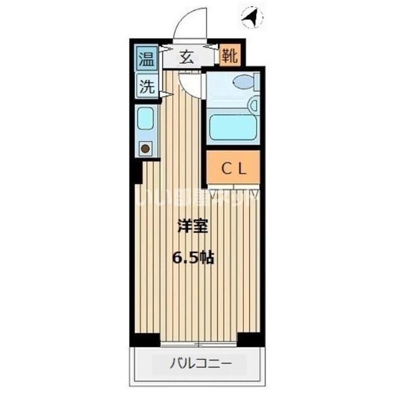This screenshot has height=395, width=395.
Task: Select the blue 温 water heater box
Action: [146, 59]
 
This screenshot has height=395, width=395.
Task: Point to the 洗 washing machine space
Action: [146, 87]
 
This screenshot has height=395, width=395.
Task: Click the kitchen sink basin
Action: [145, 118]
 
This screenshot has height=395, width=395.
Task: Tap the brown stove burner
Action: [145, 148]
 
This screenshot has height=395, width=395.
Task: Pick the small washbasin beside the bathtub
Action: [254, 106]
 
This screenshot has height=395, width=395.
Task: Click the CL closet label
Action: [234, 168]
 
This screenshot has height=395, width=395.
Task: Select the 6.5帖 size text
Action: [195, 258]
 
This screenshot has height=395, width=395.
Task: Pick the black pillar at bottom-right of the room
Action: [251, 339]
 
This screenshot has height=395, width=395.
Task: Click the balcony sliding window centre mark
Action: [197, 343]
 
